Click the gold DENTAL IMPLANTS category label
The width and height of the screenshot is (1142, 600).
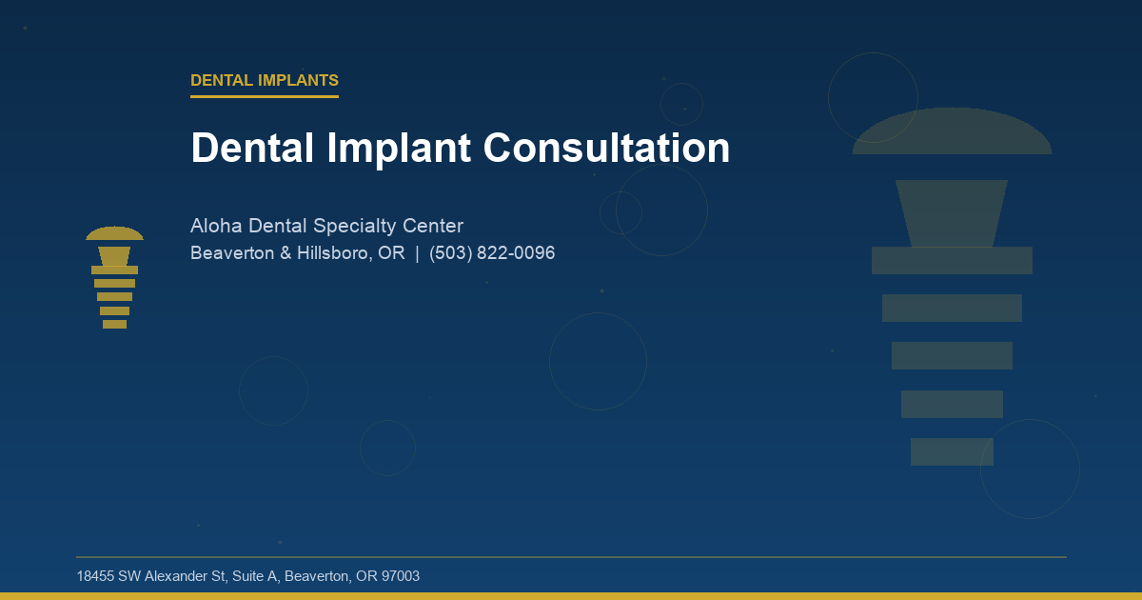(265, 81)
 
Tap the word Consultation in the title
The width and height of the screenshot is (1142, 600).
(606, 149)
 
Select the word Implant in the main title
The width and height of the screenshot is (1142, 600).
(399, 149)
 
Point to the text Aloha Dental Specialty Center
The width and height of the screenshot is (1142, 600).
(326, 226)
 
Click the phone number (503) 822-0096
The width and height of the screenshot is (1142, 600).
(492, 253)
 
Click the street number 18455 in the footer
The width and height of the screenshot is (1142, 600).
(95, 576)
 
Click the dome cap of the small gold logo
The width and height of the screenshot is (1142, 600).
(114, 234)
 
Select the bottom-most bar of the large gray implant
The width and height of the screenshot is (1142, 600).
(952, 451)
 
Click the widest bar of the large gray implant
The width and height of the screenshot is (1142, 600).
(952, 260)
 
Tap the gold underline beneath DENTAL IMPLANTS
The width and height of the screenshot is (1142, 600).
(265, 96)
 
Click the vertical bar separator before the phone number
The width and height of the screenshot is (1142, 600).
(417, 253)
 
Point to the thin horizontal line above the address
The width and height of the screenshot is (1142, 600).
(571, 556)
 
